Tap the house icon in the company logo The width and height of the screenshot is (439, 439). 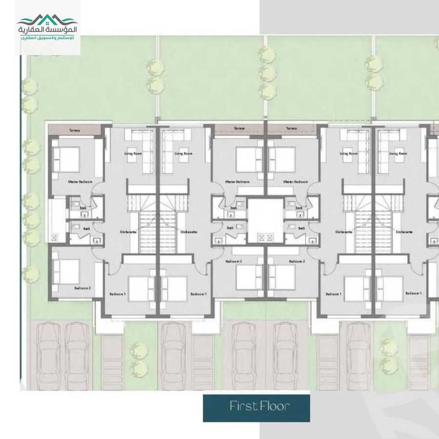pos(47,19)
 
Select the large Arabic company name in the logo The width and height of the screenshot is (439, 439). pos(47,30)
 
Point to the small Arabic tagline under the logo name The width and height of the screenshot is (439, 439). pos(47,38)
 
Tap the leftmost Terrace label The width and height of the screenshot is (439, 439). pos(74,130)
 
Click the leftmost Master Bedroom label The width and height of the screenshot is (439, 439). pos(80,181)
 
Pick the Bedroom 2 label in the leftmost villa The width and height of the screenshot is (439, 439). pos(81,288)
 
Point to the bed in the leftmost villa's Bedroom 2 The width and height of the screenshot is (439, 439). pos(66,271)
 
